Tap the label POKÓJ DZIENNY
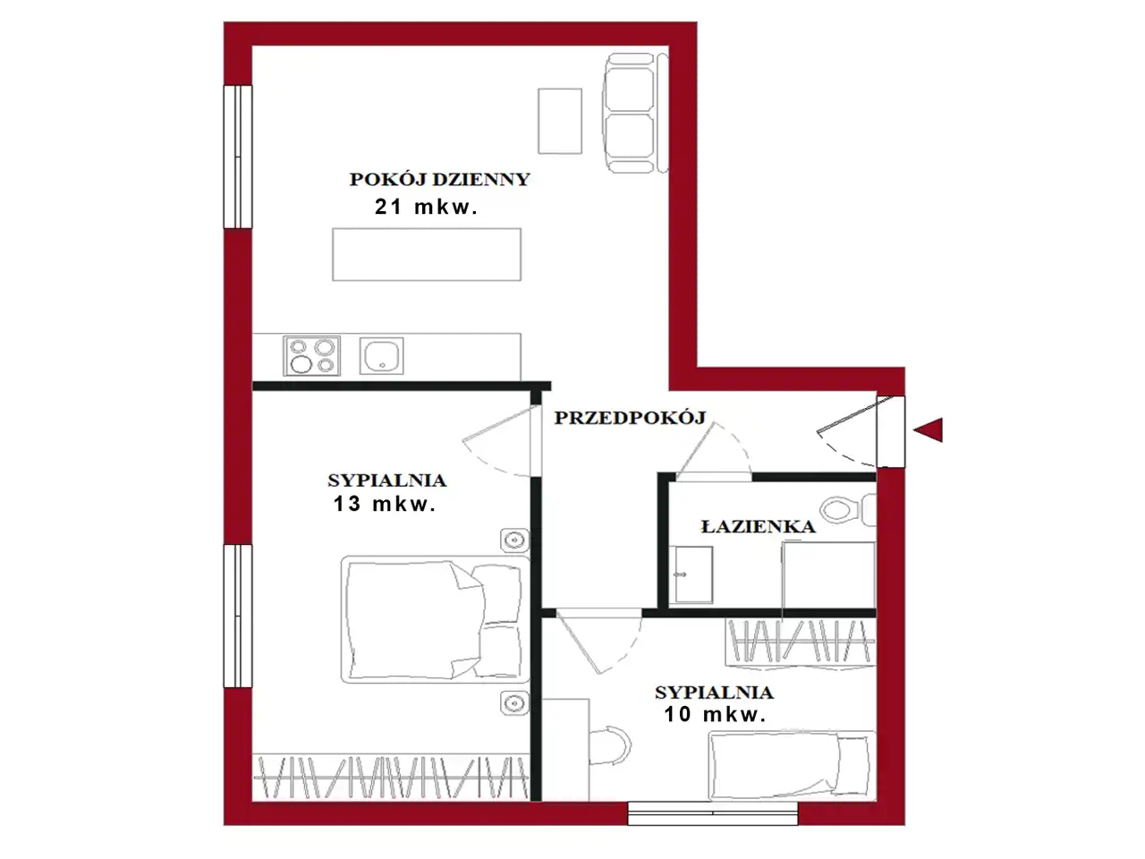pos(440,180)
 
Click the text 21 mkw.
pos(426,207)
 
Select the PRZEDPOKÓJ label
pos(630,418)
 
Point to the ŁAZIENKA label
pos(758,526)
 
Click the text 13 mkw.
pos(385,504)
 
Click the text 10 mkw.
pos(715,714)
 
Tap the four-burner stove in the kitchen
pos(311,356)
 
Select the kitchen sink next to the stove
pos(381,356)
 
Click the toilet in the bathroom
pos(848,508)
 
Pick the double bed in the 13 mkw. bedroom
pos(436,619)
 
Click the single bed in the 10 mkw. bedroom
pos(792,765)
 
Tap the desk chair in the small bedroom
pos(610,745)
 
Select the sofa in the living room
pos(635,113)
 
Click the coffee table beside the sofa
pos(560,121)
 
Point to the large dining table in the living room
pos(427,254)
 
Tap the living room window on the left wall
pos(238,157)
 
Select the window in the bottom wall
pos(713,813)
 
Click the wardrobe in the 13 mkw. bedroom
pos(391,777)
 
